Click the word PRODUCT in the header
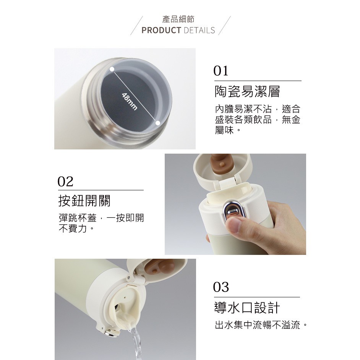click(x=161, y=30)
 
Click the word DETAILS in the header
click(x=199, y=30)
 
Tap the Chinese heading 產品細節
click(x=178, y=19)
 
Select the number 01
click(x=221, y=71)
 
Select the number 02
click(x=65, y=182)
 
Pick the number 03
click(x=221, y=287)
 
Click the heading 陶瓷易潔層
click(x=247, y=92)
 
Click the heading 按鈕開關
click(x=84, y=201)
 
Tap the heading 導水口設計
click(x=247, y=308)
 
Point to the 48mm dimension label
click(x=130, y=101)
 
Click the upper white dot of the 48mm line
click(x=112, y=69)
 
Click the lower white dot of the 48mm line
click(x=158, y=123)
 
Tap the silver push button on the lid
click(x=232, y=210)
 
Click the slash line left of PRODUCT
click(x=136, y=26)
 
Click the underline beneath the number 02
click(x=101, y=190)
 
